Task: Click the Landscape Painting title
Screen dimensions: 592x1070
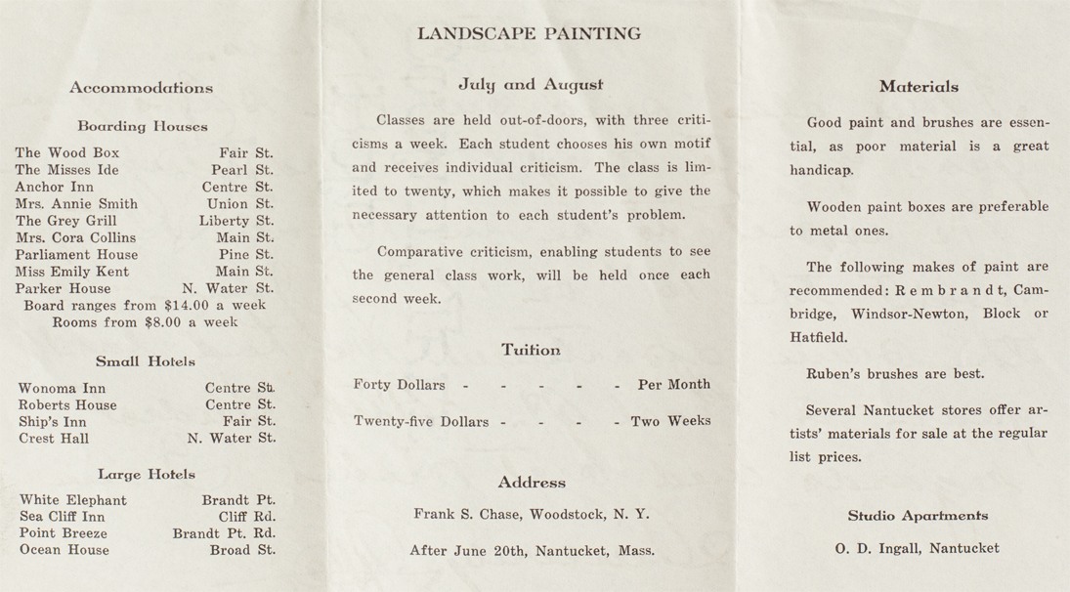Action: click(529, 34)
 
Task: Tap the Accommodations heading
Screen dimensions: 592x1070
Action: click(141, 88)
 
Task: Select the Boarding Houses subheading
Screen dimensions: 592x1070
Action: click(143, 126)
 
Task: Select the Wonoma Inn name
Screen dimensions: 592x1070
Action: click(62, 389)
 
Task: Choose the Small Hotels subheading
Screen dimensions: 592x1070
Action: click(146, 361)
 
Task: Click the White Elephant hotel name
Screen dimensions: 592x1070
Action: click(73, 500)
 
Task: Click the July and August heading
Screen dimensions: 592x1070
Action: click(531, 85)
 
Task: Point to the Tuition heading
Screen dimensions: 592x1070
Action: click(531, 350)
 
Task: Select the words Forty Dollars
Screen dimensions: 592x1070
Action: click(399, 385)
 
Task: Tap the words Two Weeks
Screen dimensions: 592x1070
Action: click(670, 422)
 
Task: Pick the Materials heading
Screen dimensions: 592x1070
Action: click(919, 87)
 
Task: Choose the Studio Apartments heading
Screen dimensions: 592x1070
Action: click(918, 516)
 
